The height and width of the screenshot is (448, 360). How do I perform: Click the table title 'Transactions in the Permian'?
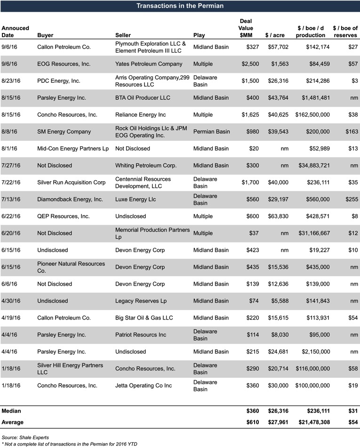(180, 6)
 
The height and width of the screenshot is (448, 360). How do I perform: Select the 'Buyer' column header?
(45, 35)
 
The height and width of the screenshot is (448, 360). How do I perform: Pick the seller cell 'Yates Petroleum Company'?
(149, 64)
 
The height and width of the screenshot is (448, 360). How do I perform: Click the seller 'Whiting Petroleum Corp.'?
(146, 166)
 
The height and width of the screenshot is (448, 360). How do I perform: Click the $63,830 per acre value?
(275, 216)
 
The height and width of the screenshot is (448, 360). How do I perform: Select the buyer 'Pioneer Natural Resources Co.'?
(71, 267)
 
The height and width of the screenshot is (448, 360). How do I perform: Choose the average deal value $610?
(253, 422)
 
